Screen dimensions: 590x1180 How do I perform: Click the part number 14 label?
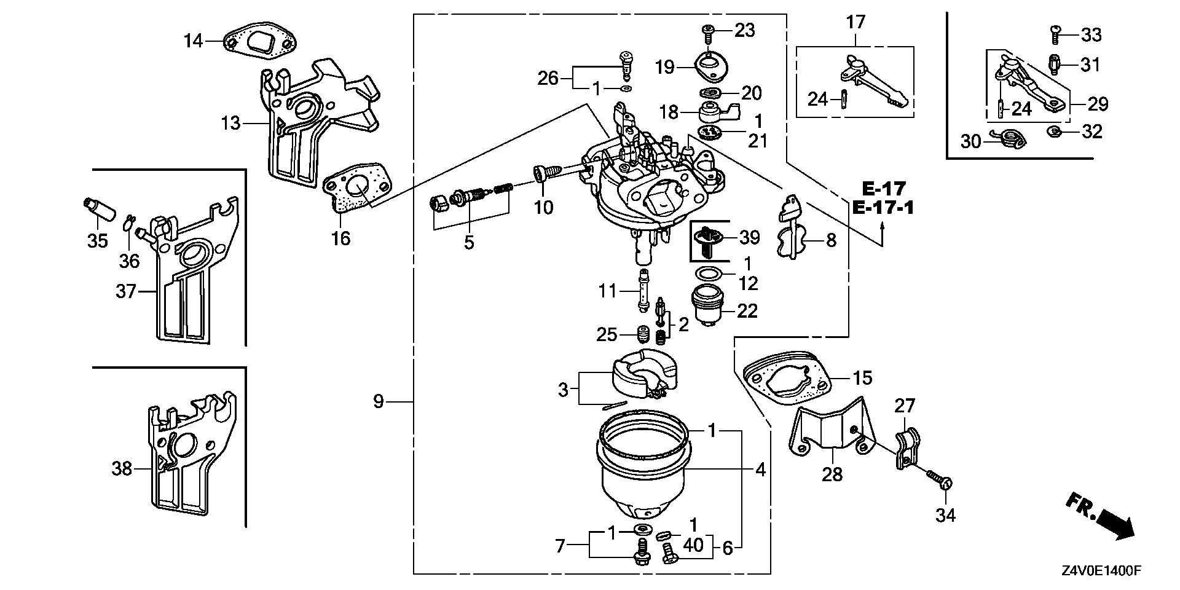click(193, 41)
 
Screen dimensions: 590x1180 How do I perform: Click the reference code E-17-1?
click(883, 208)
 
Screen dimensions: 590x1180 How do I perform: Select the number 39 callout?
click(749, 237)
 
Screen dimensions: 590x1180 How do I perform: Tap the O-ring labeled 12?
click(710, 273)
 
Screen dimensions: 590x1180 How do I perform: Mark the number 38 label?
click(122, 468)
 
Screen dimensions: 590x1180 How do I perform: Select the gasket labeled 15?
click(787, 377)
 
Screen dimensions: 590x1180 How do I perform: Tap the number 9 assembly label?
click(378, 401)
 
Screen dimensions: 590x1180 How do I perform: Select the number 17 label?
click(855, 22)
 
